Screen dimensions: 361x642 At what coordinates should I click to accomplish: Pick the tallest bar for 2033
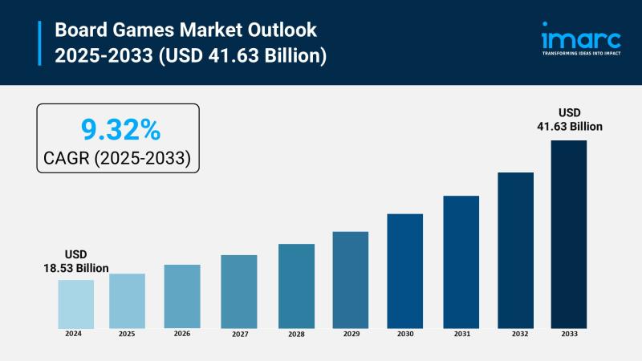point(568,233)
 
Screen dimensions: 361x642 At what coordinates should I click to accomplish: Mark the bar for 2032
point(515,249)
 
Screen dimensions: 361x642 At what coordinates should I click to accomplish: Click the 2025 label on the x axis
point(127,333)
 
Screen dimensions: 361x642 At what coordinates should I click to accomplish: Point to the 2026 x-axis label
point(182,333)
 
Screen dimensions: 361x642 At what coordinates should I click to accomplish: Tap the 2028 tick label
point(296,333)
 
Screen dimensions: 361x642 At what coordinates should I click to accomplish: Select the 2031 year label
point(461,333)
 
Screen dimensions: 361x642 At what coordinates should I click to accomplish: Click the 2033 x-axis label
point(568,333)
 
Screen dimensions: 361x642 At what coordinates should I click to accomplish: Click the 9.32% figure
point(118,128)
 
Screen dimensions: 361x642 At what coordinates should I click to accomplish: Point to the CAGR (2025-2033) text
point(118,158)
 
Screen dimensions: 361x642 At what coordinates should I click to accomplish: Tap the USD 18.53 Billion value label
point(75,262)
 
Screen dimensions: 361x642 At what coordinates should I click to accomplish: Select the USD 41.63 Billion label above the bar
point(569,120)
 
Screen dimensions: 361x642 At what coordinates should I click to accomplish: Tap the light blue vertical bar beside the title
point(40,43)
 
